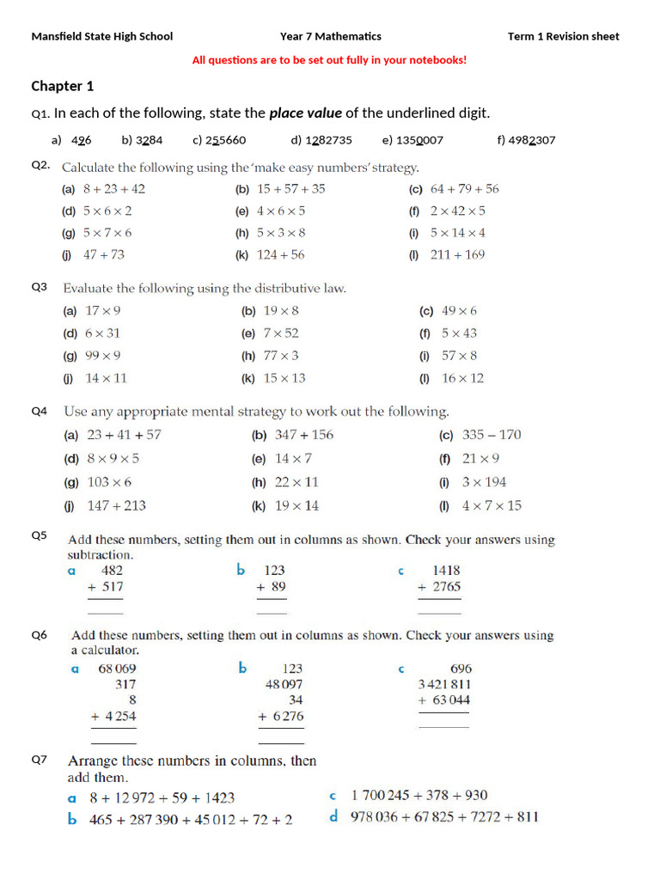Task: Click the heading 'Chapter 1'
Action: point(63,86)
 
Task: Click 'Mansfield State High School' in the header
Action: point(102,36)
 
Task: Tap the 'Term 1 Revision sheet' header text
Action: point(563,36)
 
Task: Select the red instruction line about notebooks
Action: point(329,60)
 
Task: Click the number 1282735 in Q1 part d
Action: point(328,140)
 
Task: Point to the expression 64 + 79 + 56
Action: point(464,189)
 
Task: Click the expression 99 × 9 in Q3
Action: point(102,356)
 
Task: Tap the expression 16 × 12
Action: point(462,378)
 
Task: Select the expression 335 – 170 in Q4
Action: point(491,435)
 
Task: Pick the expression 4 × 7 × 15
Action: point(491,505)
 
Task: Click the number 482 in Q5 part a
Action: point(112,570)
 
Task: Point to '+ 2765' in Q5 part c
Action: point(439,587)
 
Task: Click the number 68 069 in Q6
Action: point(117,668)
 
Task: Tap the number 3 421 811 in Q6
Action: point(444,684)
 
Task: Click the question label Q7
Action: point(40,760)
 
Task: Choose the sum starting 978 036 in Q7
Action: point(443,816)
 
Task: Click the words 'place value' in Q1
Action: point(305,113)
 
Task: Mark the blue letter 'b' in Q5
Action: point(241,570)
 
